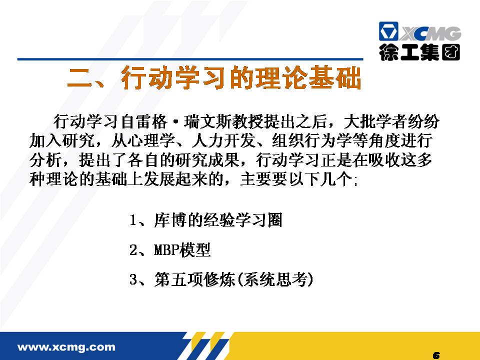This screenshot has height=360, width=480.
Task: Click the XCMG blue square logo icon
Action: pos(388,31)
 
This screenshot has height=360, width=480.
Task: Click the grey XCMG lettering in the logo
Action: pos(430,33)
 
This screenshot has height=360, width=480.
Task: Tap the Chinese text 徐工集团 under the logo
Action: pos(419,52)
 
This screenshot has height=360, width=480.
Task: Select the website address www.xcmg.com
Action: pos(66,347)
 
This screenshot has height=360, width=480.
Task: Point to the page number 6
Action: pos(436,355)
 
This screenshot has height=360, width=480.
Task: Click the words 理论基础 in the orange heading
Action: pos(308,78)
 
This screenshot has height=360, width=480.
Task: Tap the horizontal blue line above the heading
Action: pos(190,59)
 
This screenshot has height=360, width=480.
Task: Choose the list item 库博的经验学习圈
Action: pos(218,220)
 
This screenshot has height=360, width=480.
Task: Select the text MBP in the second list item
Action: pos(166,250)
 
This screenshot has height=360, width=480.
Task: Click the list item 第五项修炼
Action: pos(194,279)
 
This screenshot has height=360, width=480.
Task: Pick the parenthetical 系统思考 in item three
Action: pos(275,279)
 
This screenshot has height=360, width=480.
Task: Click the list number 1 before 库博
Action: pos(133,220)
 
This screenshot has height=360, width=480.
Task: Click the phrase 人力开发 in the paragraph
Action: pos(224,141)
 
